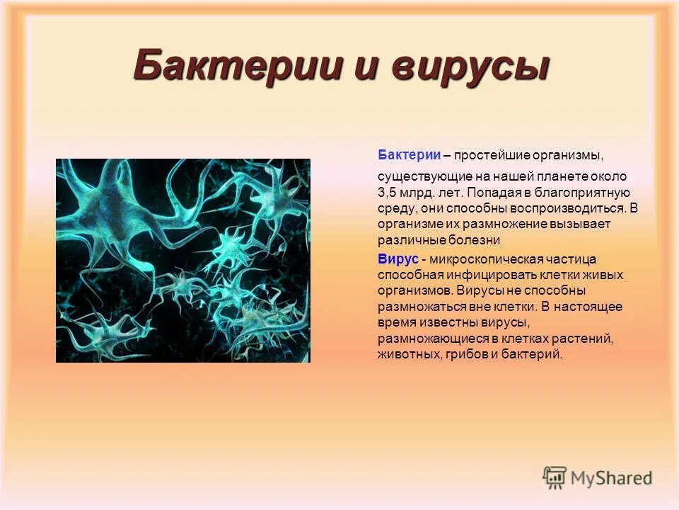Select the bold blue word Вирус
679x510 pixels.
click(x=397, y=259)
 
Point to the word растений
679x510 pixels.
click(x=581, y=339)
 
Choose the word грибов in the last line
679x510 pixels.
click(x=469, y=354)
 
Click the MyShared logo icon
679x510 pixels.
click(x=555, y=477)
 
